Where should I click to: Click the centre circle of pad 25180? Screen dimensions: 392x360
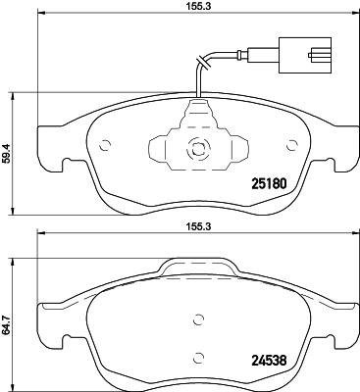(197, 151)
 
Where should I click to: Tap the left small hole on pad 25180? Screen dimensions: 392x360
(104, 147)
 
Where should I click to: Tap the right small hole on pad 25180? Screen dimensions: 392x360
(290, 147)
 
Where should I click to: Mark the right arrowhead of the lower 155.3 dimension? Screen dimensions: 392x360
(354, 233)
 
